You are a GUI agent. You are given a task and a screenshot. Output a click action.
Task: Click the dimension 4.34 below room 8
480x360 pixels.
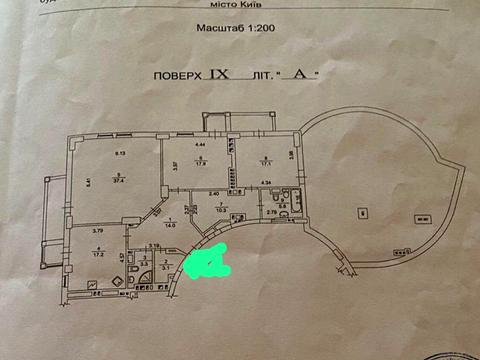(266, 181)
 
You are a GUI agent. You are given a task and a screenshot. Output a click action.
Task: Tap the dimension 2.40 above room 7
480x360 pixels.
(213, 193)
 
